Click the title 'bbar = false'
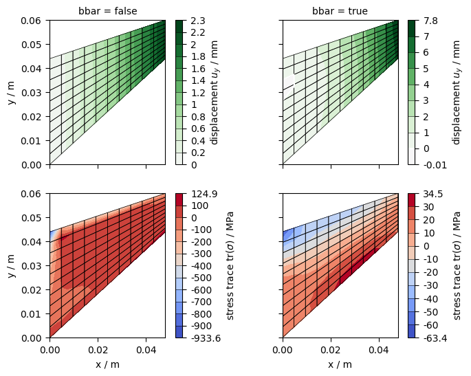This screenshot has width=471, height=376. coord(107,11)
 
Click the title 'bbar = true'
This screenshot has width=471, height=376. coord(340,11)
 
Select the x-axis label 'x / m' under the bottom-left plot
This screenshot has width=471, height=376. coord(107,364)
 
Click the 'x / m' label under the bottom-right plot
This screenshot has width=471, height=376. coord(340,364)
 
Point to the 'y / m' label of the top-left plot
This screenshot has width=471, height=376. coord(11,93)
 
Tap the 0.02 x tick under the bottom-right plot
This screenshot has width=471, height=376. coord(331,351)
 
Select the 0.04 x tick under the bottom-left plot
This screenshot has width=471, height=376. coord(146,351)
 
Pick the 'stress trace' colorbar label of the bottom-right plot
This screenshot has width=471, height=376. coord(457,266)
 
